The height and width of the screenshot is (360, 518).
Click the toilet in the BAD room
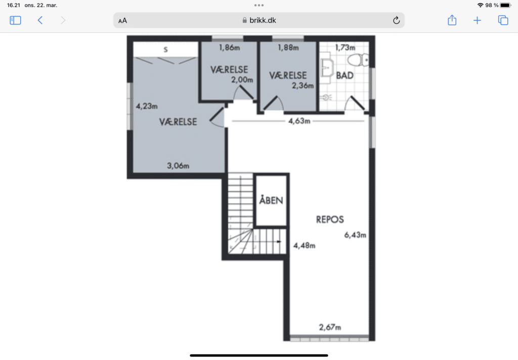point(358,60)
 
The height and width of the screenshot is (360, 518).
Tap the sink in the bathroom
point(327,68)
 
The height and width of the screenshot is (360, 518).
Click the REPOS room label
point(330,219)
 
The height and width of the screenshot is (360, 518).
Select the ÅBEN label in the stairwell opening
point(271,200)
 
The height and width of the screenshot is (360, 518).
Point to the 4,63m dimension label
point(299,121)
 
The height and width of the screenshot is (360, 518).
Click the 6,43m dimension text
point(355,235)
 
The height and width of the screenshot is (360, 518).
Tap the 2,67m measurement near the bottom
point(330,327)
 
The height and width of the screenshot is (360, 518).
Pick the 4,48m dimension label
point(304,245)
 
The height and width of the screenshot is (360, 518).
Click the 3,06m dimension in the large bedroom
point(178,166)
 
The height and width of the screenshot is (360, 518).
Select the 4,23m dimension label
point(147,106)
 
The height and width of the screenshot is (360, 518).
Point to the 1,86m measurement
point(229,48)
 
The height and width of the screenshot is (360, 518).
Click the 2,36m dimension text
point(303,86)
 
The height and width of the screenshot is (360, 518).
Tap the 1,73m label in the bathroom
point(345,48)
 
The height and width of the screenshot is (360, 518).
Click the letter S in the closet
point(165,50)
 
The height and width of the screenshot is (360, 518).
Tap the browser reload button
point(397,20)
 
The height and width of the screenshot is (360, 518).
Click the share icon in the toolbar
point(452,20)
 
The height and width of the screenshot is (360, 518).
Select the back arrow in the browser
point(40,20)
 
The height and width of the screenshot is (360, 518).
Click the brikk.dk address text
point(263,20)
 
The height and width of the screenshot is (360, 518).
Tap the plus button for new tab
point(477,20)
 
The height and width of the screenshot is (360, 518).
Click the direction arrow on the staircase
point(279,241)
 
